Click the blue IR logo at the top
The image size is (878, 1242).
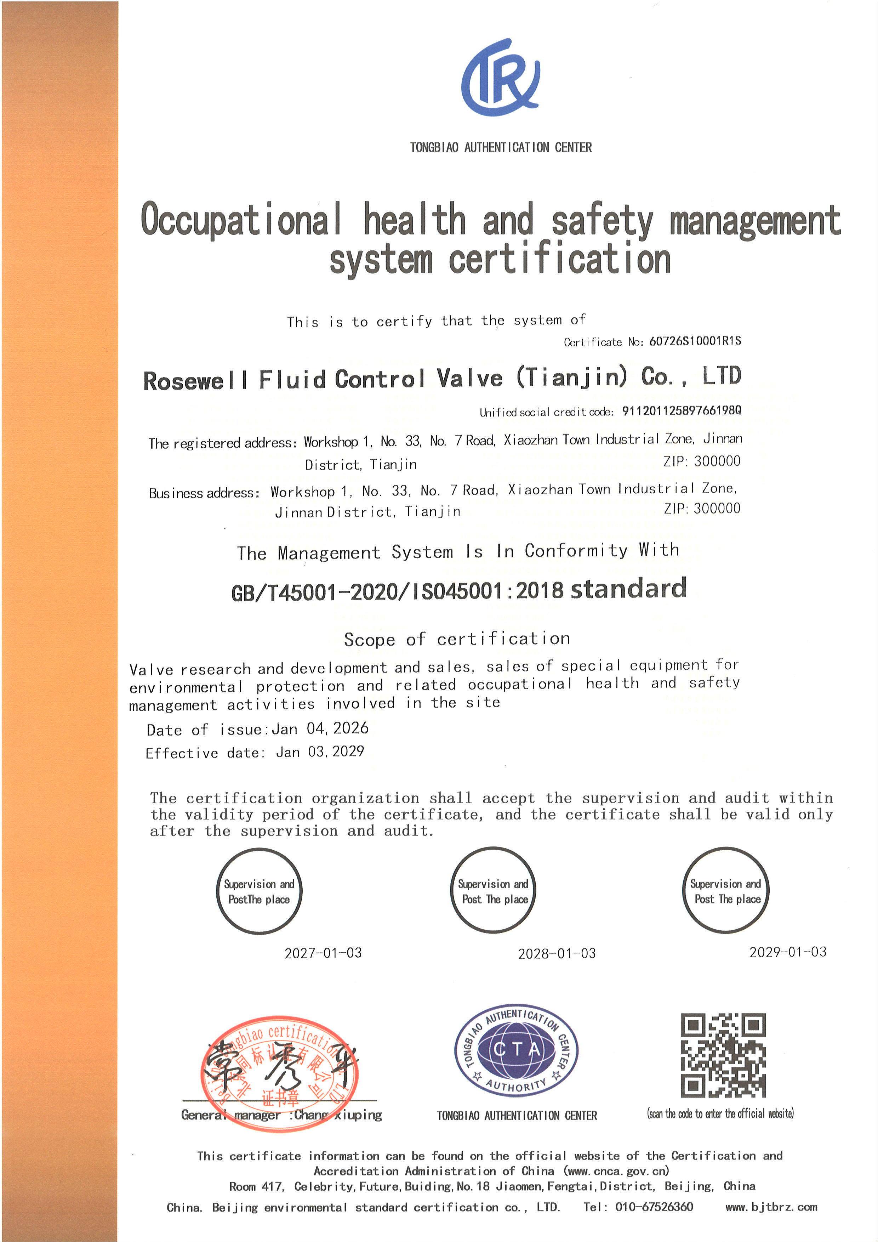pyautogui.click(x=500, y=77)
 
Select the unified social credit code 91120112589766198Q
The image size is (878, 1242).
pyautogui.click(x=681, y=410)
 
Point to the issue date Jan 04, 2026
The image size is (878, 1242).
pyautogui.click(x=320, y=728)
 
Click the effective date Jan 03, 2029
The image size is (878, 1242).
pyautogui.click(x=320, y=752)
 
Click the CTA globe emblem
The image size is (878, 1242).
pyautogui.click(x=516, y=1050)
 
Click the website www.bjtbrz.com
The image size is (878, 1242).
pyautogui.click(x=771, y=1207)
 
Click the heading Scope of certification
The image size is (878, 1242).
pyautogui.click(x=457, y=639)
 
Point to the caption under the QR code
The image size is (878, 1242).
pyautogui.click(x=720, y=1113)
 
